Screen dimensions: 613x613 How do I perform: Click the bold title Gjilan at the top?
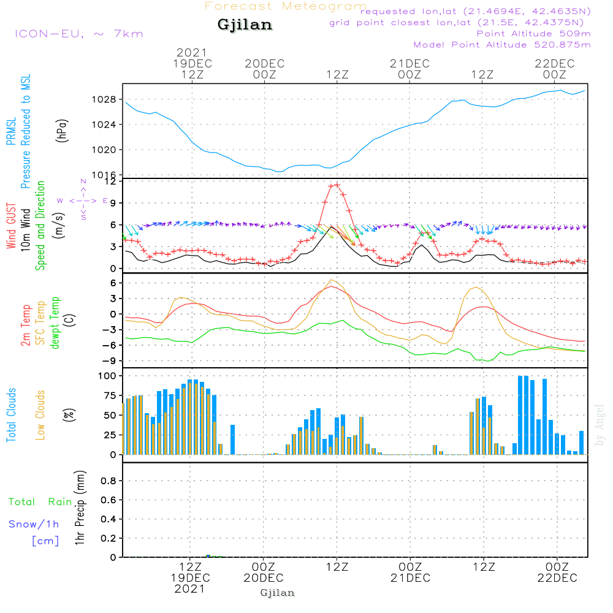coord(245,25)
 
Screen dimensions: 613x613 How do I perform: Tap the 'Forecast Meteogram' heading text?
coord(286,6)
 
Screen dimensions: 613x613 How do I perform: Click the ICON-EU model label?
coord(49,34)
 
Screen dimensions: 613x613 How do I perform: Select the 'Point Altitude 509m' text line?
coord(533,34)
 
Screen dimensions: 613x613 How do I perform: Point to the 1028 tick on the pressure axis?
coord(104,99)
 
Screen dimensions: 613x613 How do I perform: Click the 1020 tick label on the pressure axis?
coord(104,150)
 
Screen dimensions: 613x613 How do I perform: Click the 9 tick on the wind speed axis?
coord(113,203)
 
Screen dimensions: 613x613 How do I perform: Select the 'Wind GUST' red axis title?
coord(11,226)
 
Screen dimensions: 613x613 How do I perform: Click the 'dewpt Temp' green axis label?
coord(55,322)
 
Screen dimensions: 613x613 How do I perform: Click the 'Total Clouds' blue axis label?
coord(11,415)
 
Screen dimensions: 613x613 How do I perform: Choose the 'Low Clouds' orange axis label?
coord(40,415)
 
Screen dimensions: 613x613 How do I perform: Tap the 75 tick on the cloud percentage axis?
coord(110,395)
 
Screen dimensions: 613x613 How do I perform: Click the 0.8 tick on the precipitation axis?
coord(109,481)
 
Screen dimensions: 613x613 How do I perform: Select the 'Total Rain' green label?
coord(40,501)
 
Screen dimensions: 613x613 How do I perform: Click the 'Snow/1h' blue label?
coord(34,524)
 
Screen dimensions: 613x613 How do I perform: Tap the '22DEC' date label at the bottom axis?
coord(557,578)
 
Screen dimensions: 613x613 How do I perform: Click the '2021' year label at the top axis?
coord(191,52)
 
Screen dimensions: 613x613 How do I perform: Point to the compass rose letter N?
coord(83,181)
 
